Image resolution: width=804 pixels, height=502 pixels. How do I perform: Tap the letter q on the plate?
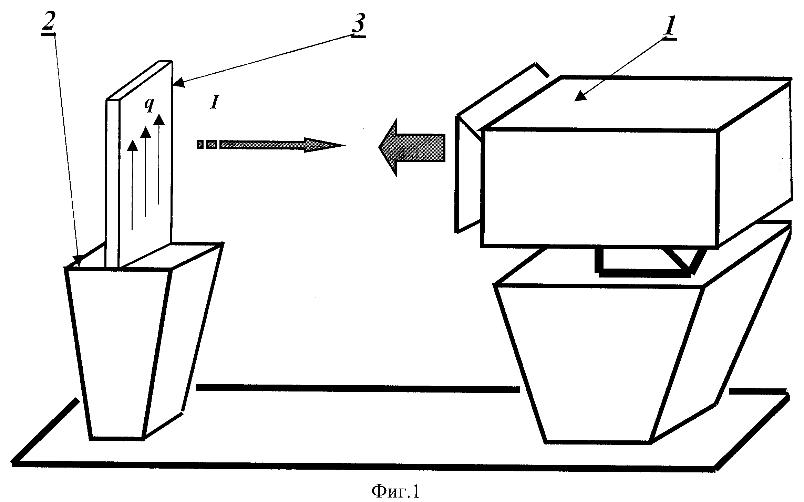point(149,106)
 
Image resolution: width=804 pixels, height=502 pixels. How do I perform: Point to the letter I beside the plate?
point(214,103)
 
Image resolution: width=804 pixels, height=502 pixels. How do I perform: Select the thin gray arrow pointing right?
point(272,145)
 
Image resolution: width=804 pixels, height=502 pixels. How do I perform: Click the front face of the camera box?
point(599,188)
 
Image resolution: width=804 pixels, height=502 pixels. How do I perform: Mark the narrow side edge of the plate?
point(112,182)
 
